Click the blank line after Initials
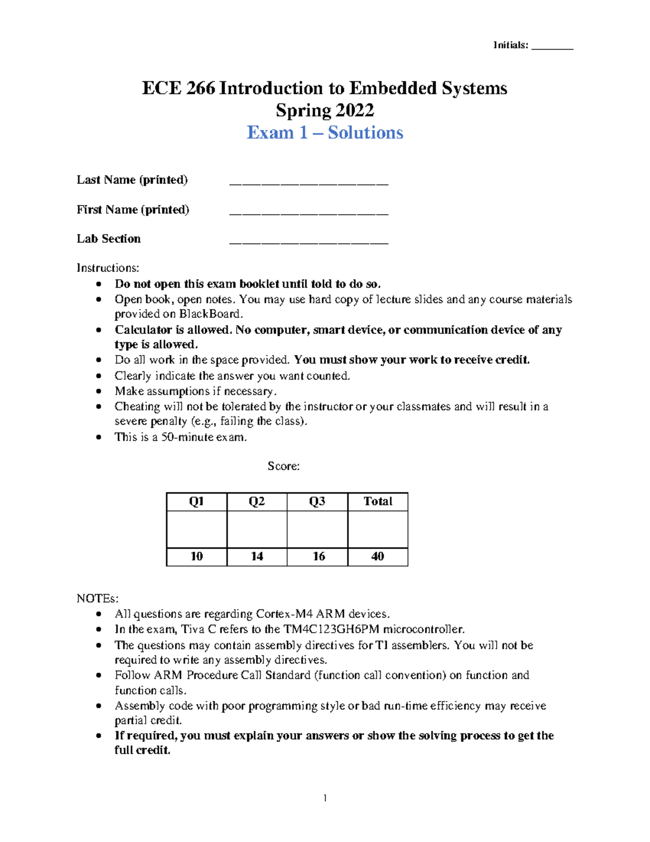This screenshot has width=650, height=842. point(552,48)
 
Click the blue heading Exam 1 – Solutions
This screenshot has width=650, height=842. point(325,132)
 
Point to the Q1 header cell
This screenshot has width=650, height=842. point(197,502)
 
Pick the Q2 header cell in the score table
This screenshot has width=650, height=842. point(257,502)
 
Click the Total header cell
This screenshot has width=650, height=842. point(378,502)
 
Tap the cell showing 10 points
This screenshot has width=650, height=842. point(197,556)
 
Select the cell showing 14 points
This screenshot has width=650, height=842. point(257,556)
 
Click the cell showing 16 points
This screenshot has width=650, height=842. point(318,556)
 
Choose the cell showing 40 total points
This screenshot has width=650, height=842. point(378,556)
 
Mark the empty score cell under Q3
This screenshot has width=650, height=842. point(317,529)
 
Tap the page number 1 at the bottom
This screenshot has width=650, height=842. point(325,798)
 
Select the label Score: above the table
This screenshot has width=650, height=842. point(283,466)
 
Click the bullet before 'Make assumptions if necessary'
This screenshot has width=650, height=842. point(98,391)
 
